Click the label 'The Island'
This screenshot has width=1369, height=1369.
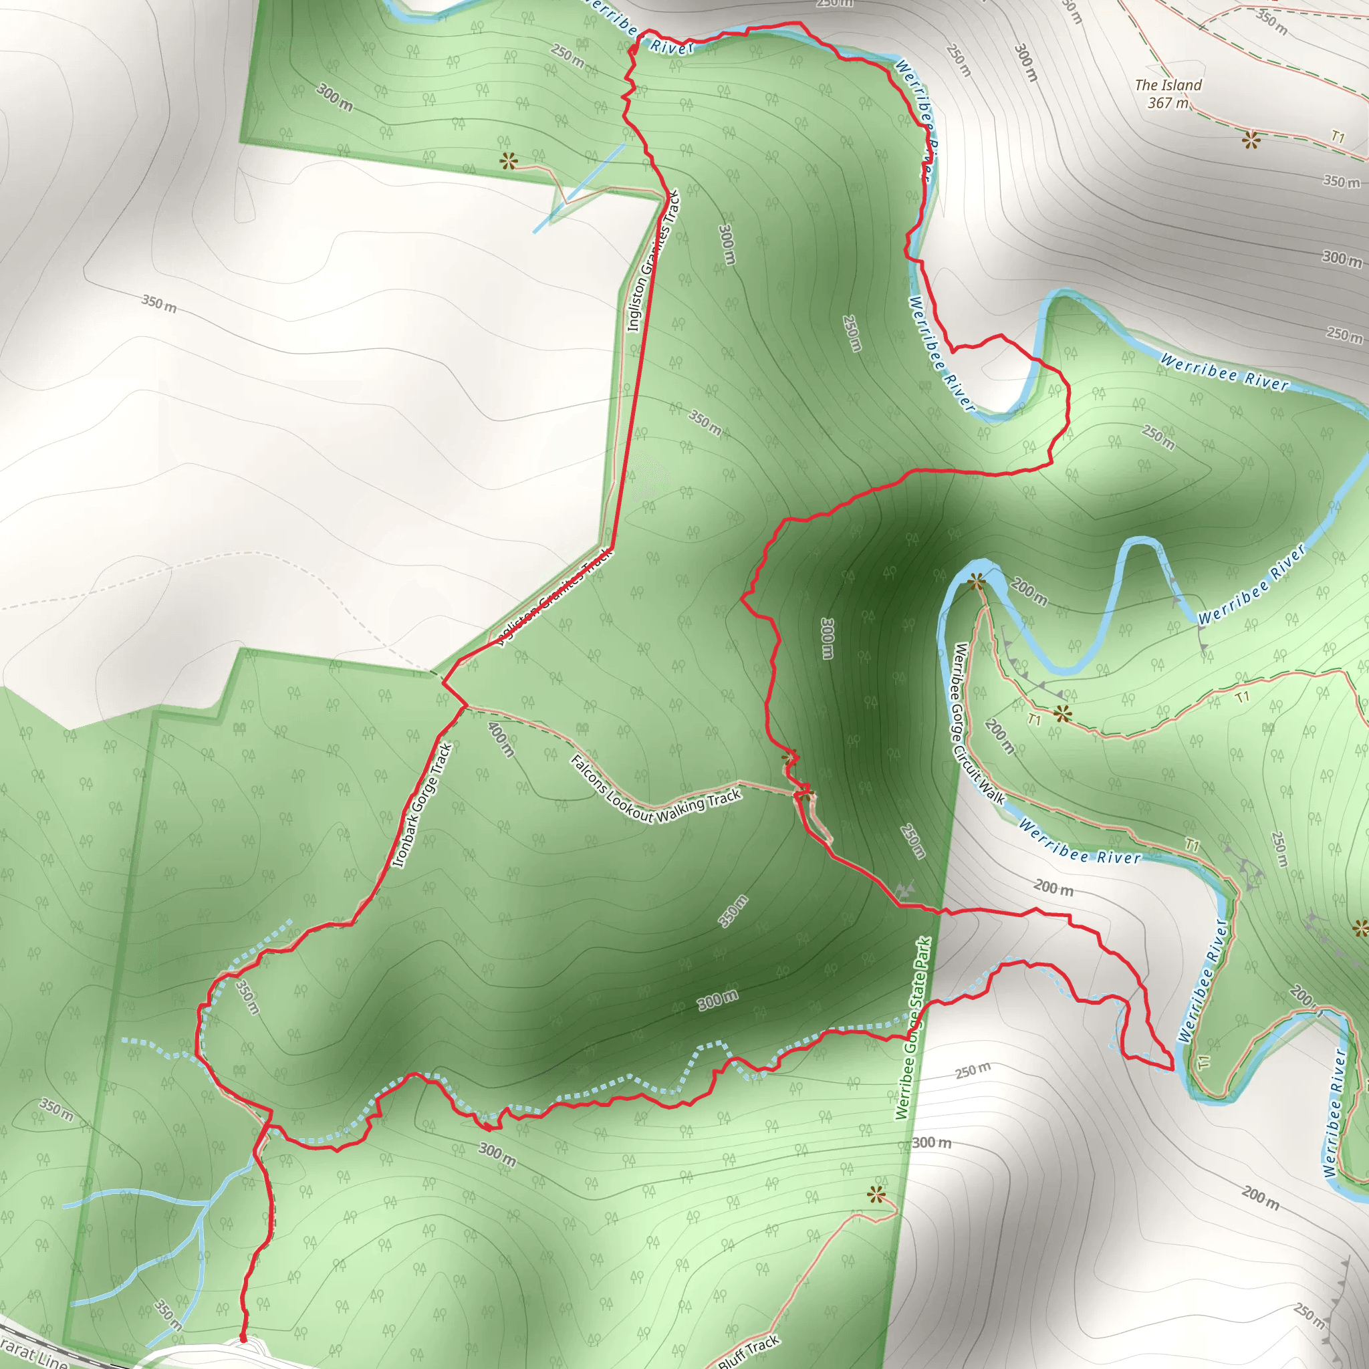[1168, 85]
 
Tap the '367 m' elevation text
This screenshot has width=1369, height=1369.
[1168, 104]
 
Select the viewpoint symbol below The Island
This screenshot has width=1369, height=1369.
[1251, 140]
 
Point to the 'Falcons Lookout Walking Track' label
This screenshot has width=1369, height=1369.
[656, 791]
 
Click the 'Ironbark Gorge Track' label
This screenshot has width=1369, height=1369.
[422, 805]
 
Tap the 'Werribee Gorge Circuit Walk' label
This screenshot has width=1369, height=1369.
[977, 723]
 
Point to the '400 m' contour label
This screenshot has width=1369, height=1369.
[501, 739]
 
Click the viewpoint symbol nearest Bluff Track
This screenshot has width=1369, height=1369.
[876, 1195]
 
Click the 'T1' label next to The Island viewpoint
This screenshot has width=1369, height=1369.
[1337, 136]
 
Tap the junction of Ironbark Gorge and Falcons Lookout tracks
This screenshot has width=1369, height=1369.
[465, 707]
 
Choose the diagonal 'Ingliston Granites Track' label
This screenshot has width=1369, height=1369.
[553, 600]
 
